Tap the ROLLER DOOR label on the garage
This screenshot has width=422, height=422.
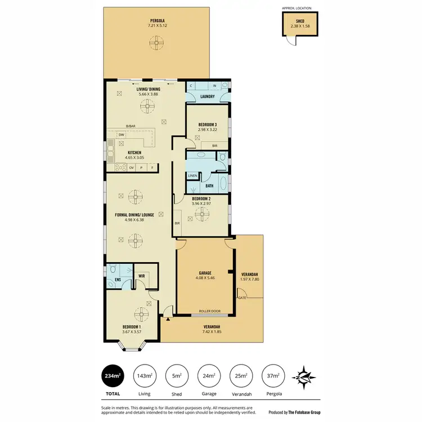click(205, 311)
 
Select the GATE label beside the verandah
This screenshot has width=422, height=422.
click(242, 297)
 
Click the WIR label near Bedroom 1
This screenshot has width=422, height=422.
click(141, 276)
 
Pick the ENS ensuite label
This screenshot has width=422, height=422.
click(118, 279)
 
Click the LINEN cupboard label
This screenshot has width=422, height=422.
click(192, 176)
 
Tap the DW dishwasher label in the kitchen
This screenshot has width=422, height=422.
click(121, 135)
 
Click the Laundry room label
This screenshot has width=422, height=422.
click(207, 96)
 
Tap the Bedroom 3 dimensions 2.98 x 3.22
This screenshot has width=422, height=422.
click(206, 129)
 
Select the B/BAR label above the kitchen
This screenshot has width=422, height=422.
click(131, 127)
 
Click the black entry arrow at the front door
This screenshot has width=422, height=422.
click(167, 320)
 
